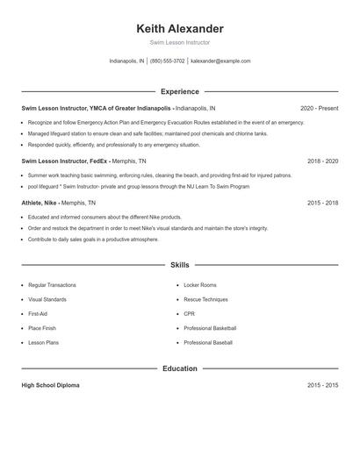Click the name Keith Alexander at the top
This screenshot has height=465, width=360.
point(179,29)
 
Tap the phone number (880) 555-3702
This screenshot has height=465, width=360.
point(167,61)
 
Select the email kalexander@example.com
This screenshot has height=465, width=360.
point(220,61)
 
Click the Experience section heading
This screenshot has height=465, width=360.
point(179,91)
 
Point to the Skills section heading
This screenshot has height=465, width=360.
point(179,264)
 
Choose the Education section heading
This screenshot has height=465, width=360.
point(179,368)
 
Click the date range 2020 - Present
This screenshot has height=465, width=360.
point(319,108)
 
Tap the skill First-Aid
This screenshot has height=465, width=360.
point(38,313)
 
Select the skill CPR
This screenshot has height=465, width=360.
point(189,313)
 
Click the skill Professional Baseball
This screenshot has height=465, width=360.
point(208,341)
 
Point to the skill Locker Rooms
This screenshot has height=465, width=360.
point(201,285)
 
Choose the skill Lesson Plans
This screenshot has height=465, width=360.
point(43,341)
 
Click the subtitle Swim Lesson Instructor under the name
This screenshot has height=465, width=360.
point(179,42)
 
